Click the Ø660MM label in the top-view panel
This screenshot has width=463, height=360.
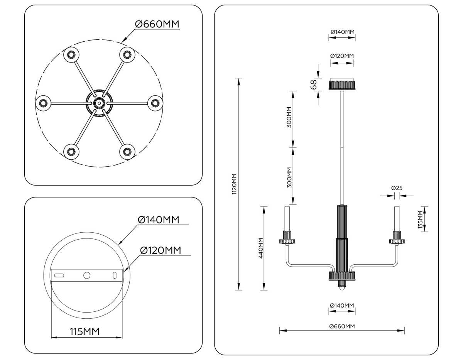157,24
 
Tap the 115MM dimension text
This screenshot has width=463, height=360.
84,331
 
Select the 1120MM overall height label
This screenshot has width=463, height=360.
234,184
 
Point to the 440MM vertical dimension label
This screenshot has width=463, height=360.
261,248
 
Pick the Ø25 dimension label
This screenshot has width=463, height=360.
397,188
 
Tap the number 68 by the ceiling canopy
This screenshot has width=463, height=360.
314,84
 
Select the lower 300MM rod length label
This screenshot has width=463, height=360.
289,177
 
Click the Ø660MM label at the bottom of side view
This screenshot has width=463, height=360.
342,326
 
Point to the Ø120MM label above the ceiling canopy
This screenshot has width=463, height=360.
342,56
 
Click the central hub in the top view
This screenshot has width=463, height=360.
99,103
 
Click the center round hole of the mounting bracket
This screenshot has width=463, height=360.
87,275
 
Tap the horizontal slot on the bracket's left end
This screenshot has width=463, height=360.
59,275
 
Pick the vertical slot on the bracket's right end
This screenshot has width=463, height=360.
114,275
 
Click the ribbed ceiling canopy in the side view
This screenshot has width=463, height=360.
342,85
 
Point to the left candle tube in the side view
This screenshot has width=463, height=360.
287,218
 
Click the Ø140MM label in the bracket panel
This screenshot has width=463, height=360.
159,220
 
